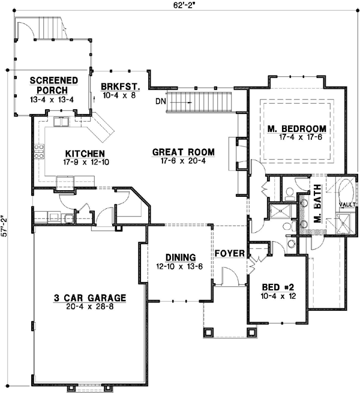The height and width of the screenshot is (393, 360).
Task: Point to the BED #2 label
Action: pyautogui.click(x=278, y=286)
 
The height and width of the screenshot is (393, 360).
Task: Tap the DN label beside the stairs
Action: pyautogui.click(x=159, y=101)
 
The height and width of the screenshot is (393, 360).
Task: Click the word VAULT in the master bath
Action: pyautogui.click(x=347, y=205)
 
